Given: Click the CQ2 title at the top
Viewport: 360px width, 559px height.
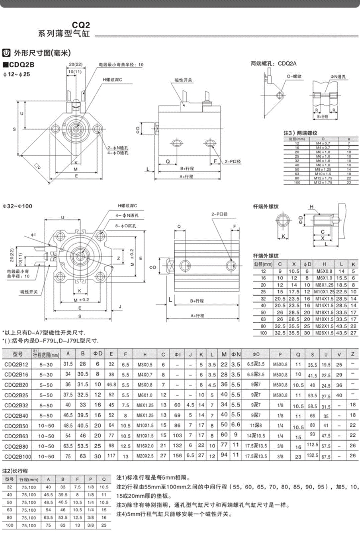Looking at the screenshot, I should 81,25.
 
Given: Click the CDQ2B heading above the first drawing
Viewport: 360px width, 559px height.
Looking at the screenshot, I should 21,64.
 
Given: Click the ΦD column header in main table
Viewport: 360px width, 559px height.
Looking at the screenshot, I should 98,354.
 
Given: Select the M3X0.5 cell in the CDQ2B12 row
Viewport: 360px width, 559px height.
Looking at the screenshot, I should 145,365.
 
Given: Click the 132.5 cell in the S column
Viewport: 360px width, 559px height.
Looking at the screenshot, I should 312,456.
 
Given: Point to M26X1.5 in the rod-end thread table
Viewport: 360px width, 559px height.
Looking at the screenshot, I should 324,333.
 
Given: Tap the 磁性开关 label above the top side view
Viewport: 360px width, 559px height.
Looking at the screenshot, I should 183,80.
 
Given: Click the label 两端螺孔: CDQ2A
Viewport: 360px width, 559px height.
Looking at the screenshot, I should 274,64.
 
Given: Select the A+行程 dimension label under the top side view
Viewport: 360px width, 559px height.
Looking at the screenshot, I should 186,176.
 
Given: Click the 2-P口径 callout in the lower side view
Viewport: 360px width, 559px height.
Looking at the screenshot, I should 220,214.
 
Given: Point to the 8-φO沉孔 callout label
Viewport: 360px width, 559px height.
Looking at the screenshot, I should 126,226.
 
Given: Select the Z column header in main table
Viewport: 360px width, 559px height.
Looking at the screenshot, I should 353,354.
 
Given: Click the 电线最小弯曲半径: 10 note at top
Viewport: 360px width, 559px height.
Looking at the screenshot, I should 121,64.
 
